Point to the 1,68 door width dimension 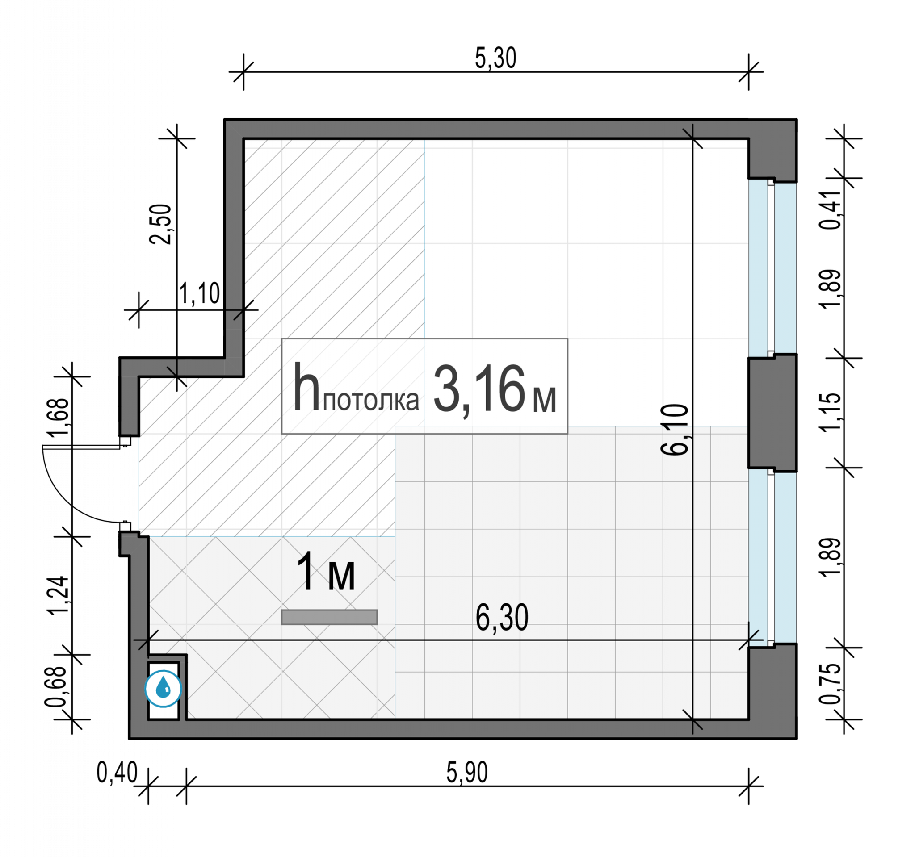coord(59,416)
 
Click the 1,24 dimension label coord(59,595)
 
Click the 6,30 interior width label coord(502,618)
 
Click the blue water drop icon coord(164,688)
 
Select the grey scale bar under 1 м coord(330,617)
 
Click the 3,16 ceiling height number coord(479,389)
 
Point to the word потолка coord(371,400)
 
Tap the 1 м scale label coord(326,572)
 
